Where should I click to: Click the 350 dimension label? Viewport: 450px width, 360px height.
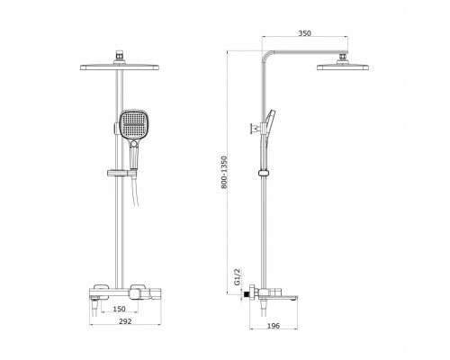tap(304, 33)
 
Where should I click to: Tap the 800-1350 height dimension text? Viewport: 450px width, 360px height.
tap(224, 172)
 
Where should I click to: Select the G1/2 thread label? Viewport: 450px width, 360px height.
tap(237, 277)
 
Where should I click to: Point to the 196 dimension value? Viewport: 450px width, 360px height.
tap(273, 326)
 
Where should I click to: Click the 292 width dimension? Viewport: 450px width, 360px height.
tap(125, 321)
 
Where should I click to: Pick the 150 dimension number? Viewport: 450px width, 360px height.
tap(120, 309)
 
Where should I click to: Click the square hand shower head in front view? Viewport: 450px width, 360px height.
tap(133, 125)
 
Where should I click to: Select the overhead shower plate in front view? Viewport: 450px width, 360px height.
tap(120, 67)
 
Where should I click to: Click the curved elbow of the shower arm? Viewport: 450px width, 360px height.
tap(266, 55)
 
